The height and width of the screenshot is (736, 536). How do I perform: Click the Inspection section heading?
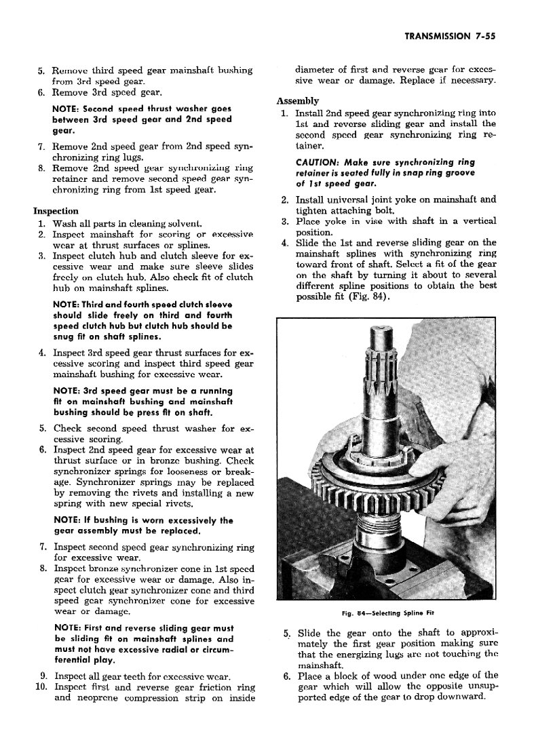click(56, 211)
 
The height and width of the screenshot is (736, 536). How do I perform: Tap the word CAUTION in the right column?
click(318, 163)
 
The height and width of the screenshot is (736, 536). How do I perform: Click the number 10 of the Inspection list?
click(39, 686)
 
